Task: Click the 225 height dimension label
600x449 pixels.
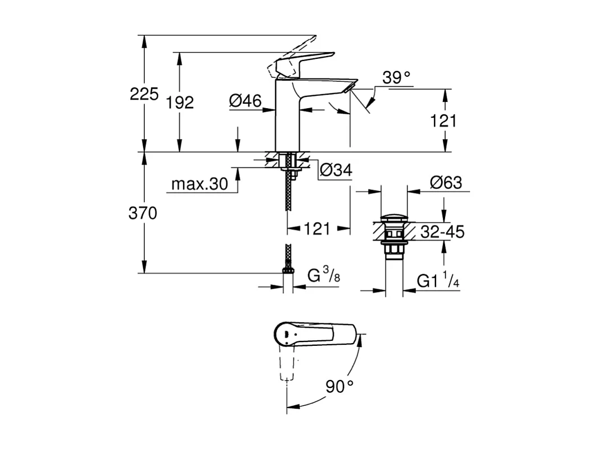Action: click(x=144, y=94)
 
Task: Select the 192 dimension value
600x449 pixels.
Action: click(x=180, y=102)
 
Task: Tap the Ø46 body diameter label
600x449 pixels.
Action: click(x=245, y=101)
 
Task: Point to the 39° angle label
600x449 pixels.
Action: click(x=396, y=78)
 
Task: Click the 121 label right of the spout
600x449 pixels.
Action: click(x=444, y=121)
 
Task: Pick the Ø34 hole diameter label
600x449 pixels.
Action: click(x=336, y=169)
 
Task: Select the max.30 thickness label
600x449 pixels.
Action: click(x=199, y=184)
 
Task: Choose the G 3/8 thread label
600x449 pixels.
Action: click(x=323, y=276)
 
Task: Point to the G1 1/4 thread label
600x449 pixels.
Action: click(x=438, y=281)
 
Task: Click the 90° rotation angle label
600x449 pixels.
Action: click(x=340, y=386)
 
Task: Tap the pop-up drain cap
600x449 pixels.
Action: click(x=392, y=218)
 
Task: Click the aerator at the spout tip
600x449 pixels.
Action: click(x=348, y=86)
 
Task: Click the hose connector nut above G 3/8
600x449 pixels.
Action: click(x=288, y=271)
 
